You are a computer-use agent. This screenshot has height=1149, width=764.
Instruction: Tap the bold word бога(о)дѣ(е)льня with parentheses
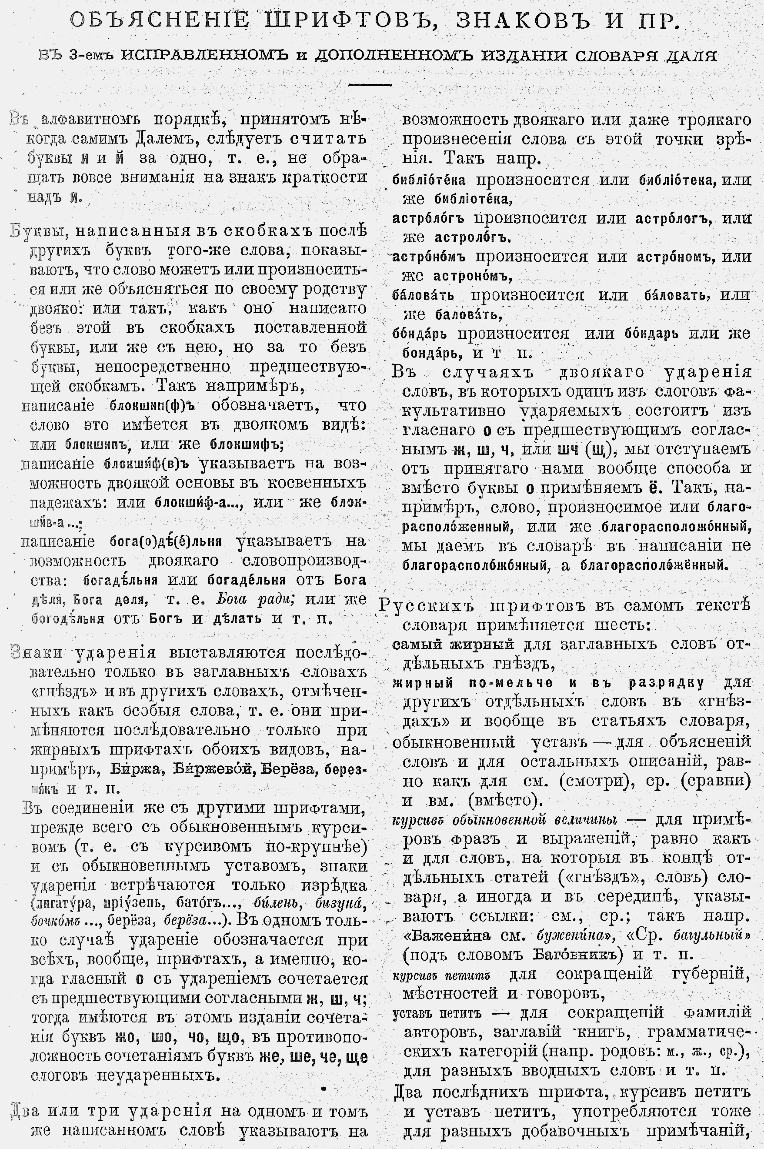166,541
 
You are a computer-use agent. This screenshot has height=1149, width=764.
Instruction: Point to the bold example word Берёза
290,769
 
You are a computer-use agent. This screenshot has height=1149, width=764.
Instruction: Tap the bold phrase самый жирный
453,644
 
